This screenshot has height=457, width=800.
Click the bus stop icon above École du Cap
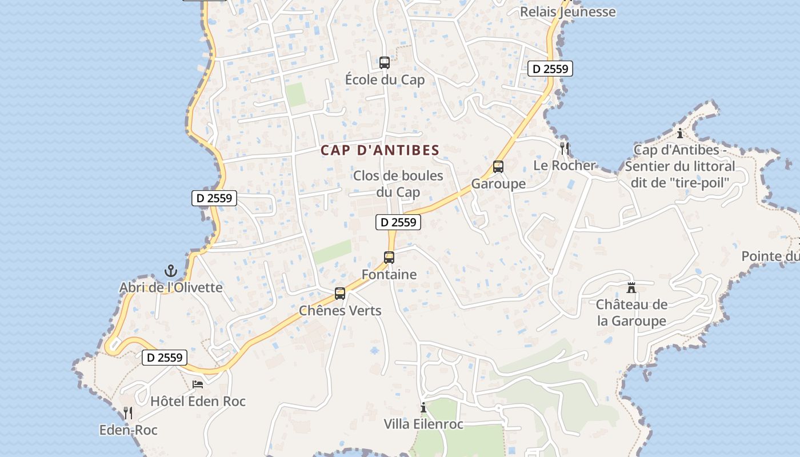pos(385,63)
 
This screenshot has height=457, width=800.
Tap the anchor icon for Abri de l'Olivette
pos(170,271)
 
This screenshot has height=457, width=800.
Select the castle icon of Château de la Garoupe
pos(631,287)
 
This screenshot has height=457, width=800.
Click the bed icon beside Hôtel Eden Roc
pos(198,384)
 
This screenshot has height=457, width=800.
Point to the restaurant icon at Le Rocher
pos(565,149)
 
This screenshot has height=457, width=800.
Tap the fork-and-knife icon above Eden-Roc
pos(128,413)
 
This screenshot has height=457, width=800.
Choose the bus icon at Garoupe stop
pos(498,167)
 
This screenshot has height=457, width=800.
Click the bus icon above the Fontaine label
pos(389,258)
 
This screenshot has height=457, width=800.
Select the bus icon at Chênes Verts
pos(340,294)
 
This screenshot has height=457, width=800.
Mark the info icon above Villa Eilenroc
pos(423,407)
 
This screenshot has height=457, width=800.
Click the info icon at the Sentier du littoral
pos(679,134)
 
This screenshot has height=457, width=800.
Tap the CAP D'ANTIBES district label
pos(380,151)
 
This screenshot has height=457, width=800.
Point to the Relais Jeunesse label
pos(568,12)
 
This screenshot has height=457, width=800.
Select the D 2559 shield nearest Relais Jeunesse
pos(550,69)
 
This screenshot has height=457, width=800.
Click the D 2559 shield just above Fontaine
pos(398,222)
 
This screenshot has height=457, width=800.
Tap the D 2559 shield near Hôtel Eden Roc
pos(165,358)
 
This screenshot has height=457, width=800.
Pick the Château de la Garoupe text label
pos(631,312)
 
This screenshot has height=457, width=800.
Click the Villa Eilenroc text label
pos(423,424)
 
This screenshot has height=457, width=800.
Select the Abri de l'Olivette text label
pos(171,287)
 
